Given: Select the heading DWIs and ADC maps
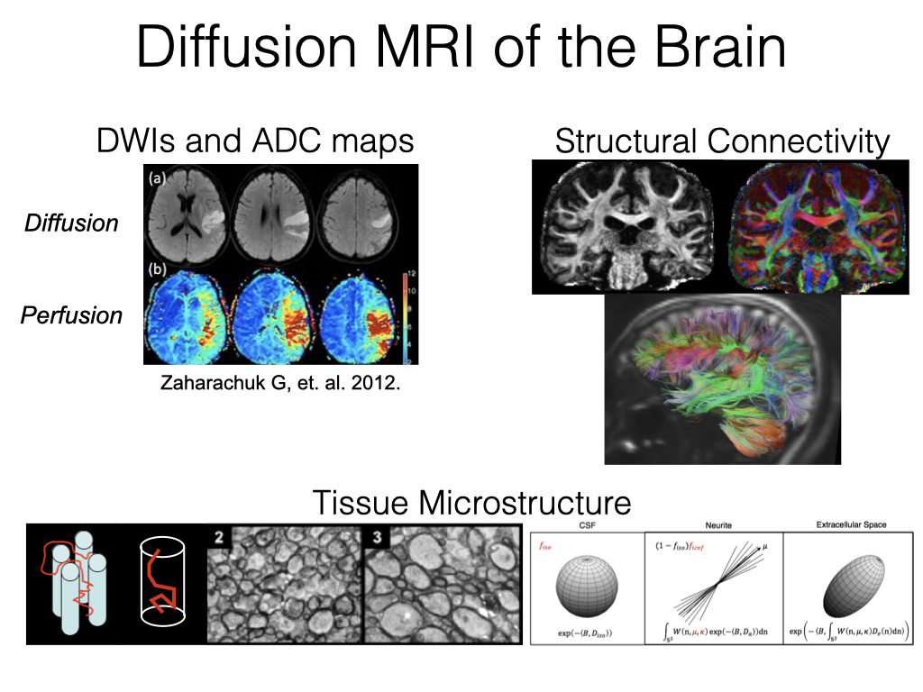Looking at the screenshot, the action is [255, 141].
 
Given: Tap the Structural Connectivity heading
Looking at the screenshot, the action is [722, 141].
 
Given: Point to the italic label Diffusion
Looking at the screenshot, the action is [70, 223].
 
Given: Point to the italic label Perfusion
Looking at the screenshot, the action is [70, 315].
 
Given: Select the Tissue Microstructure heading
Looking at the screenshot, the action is [471, 501].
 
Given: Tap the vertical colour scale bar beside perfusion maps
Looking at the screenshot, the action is [405, 315].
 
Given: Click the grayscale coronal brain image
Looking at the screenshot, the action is [629, 227].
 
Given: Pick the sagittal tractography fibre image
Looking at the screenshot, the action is [722, 378].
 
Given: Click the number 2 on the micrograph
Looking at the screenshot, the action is [220, 538].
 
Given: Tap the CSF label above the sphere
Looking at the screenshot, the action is [587, 524].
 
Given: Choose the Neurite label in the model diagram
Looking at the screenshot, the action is [714, 524].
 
